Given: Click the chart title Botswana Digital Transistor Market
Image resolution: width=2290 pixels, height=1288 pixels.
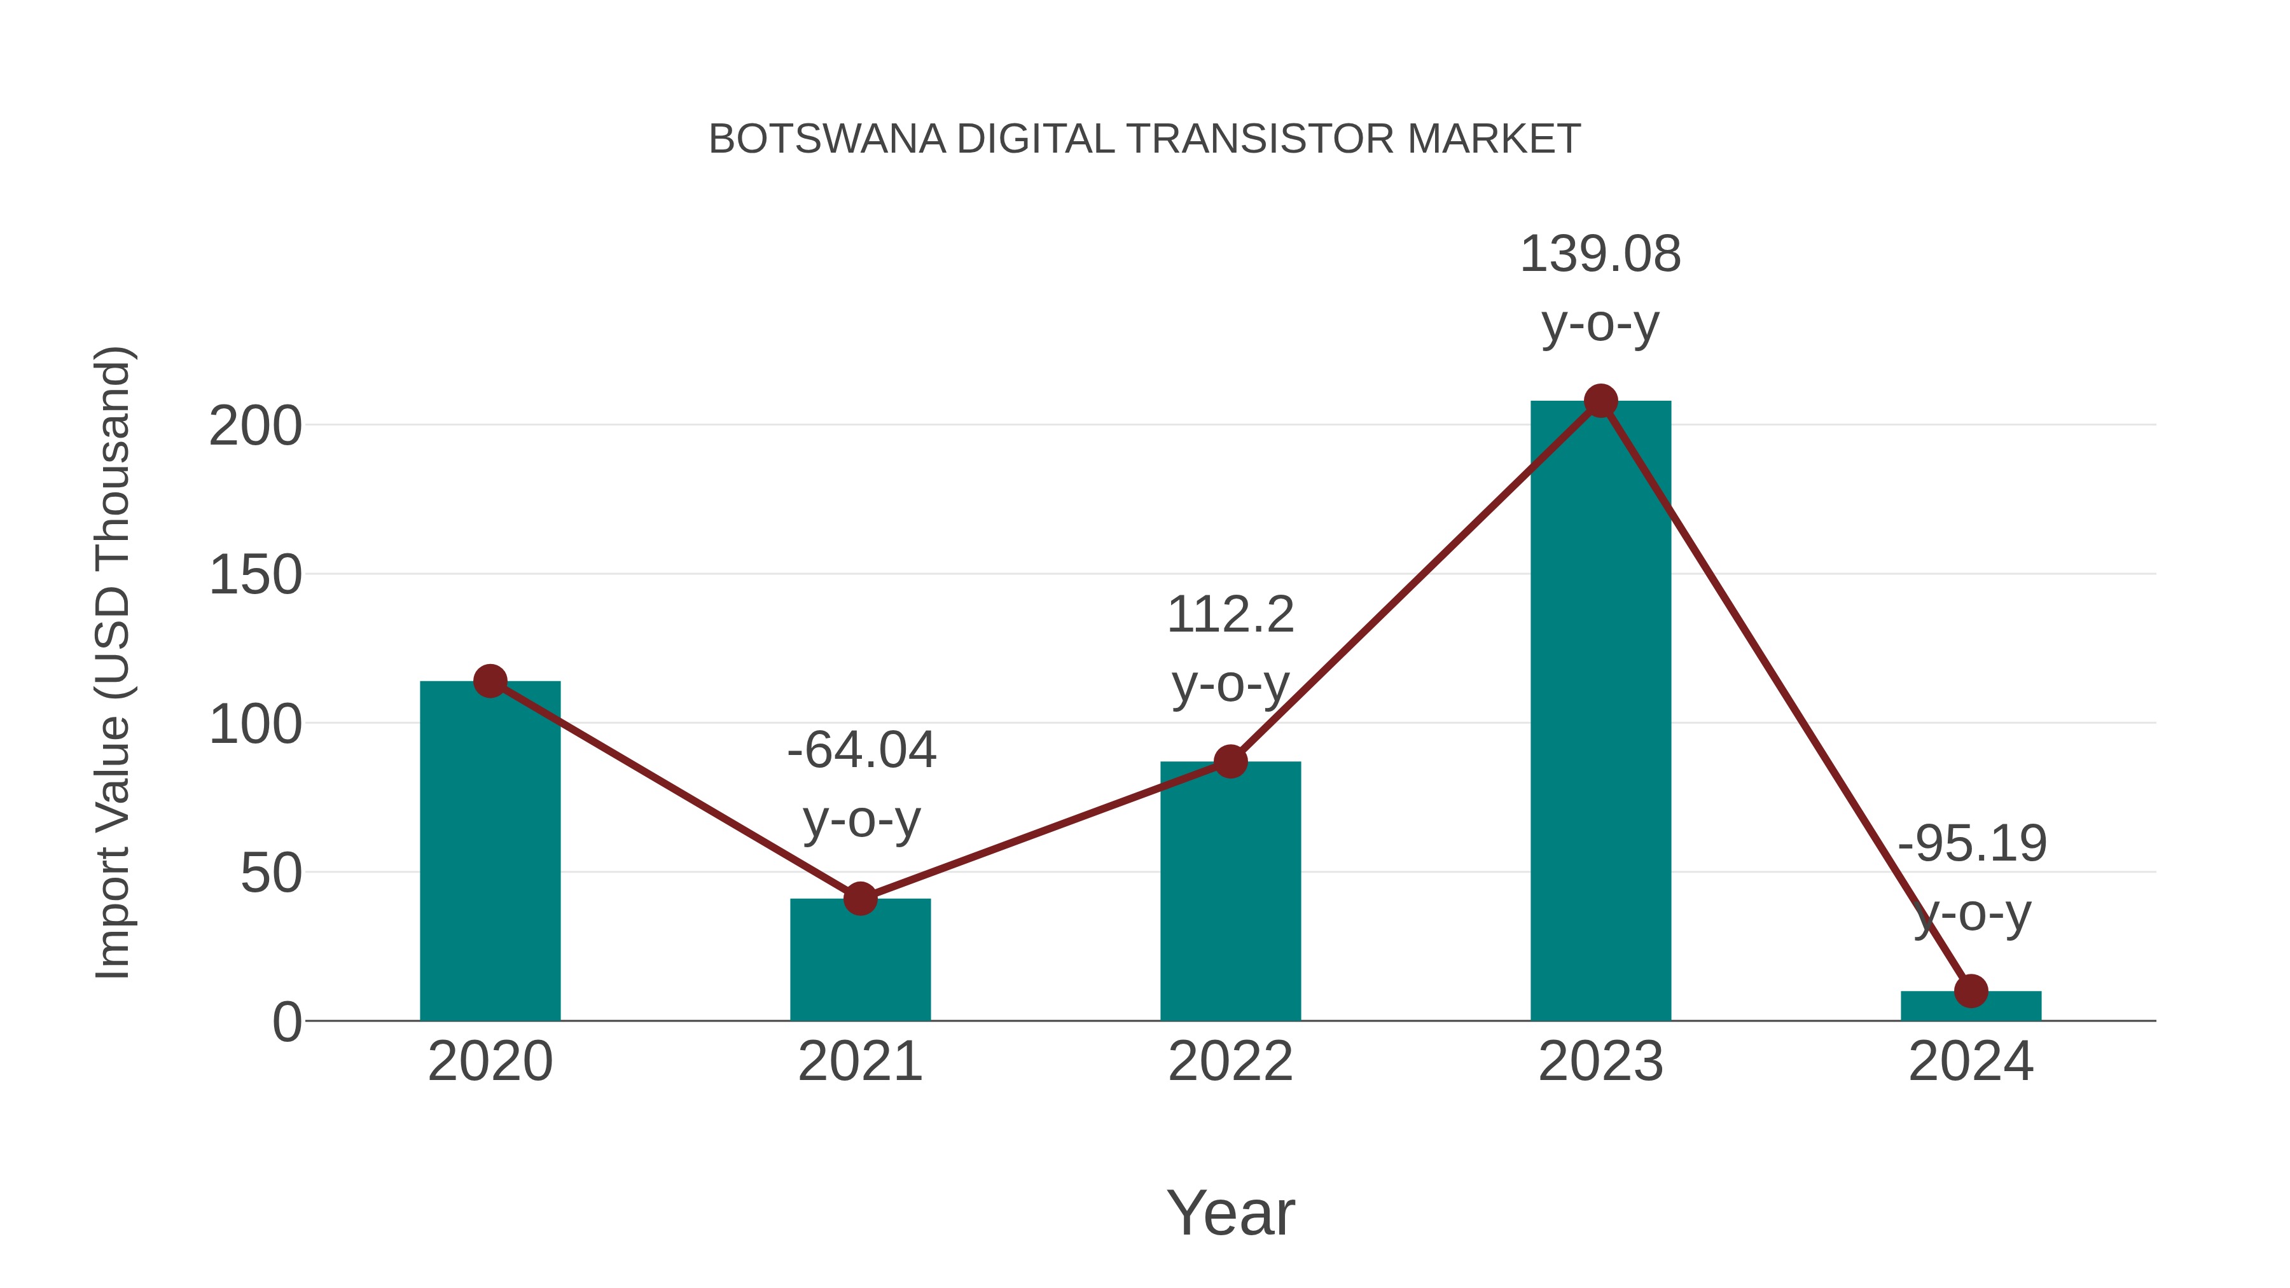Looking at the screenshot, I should (1144, 139).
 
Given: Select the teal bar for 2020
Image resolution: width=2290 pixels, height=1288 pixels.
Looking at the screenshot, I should (490, 854).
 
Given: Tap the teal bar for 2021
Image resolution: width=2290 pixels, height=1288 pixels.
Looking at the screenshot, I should (859, 964).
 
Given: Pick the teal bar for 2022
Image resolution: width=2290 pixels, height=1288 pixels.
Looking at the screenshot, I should (1230, 894).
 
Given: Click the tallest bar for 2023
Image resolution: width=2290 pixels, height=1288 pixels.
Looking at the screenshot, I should (1600, 711).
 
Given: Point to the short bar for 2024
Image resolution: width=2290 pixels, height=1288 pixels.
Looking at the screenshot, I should (1971, 1006).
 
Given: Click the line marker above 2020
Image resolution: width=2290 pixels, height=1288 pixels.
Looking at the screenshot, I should (490, 682).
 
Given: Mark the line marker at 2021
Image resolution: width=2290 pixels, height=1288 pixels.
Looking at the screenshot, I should (859, 899).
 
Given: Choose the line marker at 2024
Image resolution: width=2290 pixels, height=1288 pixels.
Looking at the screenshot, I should (1971, 990).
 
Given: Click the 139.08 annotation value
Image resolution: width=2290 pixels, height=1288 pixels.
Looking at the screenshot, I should (1600, 255).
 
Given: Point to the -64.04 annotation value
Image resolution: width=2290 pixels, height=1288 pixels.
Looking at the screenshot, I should (861, 751).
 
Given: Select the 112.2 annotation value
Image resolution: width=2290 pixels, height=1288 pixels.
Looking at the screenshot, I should (1230, 615).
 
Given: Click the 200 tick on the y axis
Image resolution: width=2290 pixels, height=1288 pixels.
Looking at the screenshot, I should (255, 427).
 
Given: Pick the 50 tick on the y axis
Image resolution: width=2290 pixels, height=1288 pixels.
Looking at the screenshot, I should (271, 874).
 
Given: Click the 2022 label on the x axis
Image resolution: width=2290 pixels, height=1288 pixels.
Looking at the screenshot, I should (1230, 1062).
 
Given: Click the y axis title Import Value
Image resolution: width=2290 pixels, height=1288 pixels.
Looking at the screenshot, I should (114, 662).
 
